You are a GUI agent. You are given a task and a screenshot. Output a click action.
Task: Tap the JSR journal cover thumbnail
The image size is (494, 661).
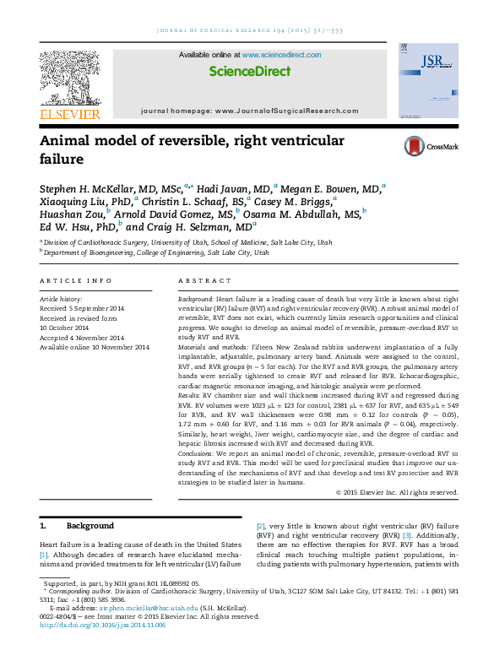[427, 81]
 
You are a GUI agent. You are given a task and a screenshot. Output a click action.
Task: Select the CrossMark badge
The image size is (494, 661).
[431, 146]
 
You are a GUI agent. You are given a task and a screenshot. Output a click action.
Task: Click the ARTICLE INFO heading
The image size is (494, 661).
[76, 279]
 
